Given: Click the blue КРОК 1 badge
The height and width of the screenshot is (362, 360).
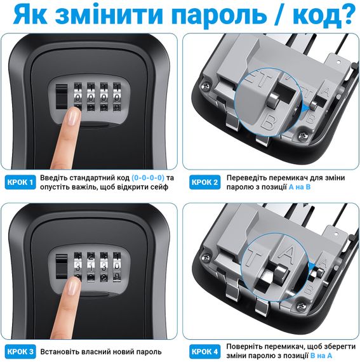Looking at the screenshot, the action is click(x=20, y=182).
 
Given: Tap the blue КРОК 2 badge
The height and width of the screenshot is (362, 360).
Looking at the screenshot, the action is click(x=204, y=182).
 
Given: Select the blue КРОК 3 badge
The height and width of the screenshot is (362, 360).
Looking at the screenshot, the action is click(x=20, y=352).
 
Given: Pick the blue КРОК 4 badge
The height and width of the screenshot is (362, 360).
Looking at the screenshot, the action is click(x=204, y=352).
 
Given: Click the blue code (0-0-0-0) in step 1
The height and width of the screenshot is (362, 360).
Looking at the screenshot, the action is click(x=148, y=178).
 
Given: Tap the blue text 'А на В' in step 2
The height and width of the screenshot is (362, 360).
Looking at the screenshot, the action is click(x=300, y=187).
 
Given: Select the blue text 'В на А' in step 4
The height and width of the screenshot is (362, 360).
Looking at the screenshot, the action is click(x=321, y=356).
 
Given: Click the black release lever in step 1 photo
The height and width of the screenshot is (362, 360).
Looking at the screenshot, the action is click(x=62, y=97).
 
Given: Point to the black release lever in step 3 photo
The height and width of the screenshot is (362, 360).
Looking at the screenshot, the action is click(x=62, y=266).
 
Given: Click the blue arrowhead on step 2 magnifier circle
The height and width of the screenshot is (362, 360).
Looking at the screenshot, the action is click(x=305, y=107).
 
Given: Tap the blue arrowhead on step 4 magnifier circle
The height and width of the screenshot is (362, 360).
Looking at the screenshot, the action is click(x=312, y=265).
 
